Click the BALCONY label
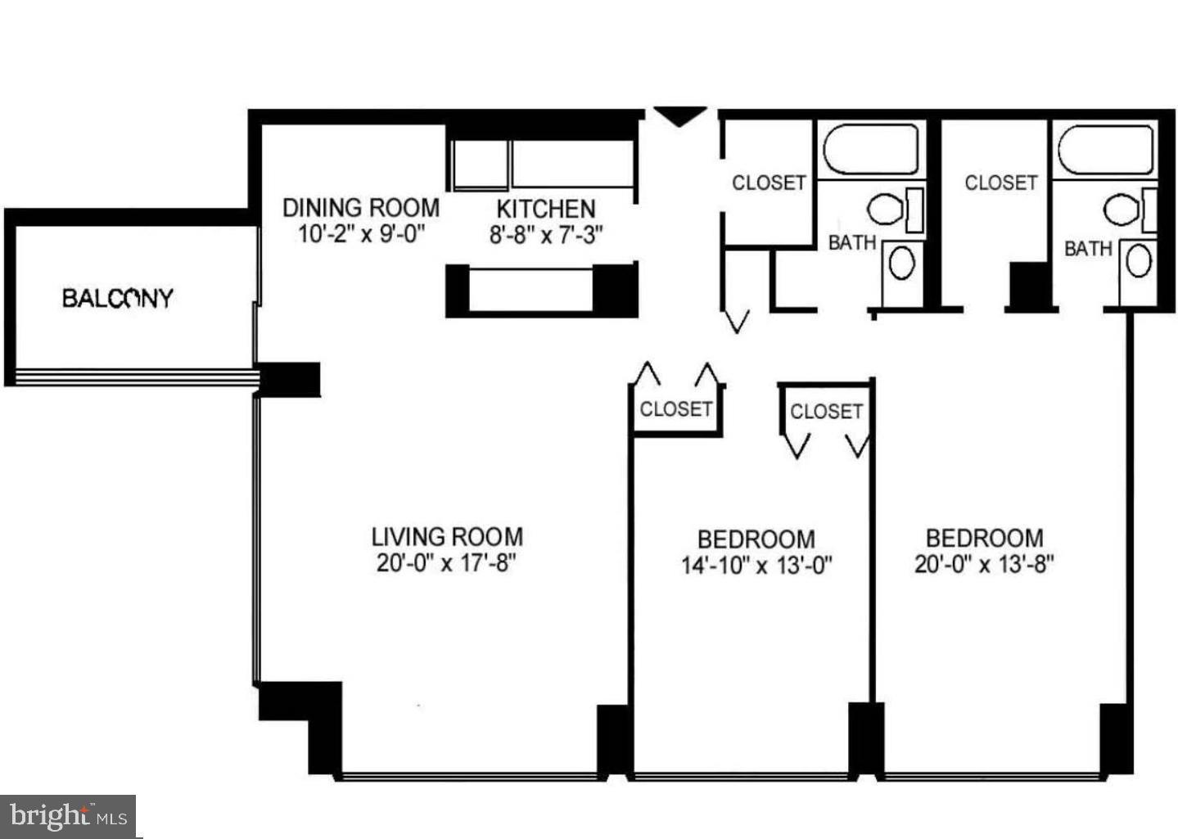(x=118, y=298)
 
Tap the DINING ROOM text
(x=361, y=208)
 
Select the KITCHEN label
(x=546, y=209)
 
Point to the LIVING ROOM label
(x=447, y=537)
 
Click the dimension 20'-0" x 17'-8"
(x=447, y=563)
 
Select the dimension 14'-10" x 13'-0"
(x=756, y=565)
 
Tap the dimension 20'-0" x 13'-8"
(x=984, y=564)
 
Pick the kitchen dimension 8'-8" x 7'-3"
(x=546, y=235)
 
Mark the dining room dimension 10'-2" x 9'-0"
(x=361, y=234)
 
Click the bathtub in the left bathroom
(x=870, y=150)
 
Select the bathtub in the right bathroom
(x=1105, y=150)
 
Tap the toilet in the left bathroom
(x=887, y=210)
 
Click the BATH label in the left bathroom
(x=852, y=242)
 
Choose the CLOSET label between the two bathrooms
(x=1000, y=183)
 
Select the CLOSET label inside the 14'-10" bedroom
(x=826, y=411)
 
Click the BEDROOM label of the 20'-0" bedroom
(x=984, y=538)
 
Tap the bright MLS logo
(x=68, y=816)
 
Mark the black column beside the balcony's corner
(x=290, y=380)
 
